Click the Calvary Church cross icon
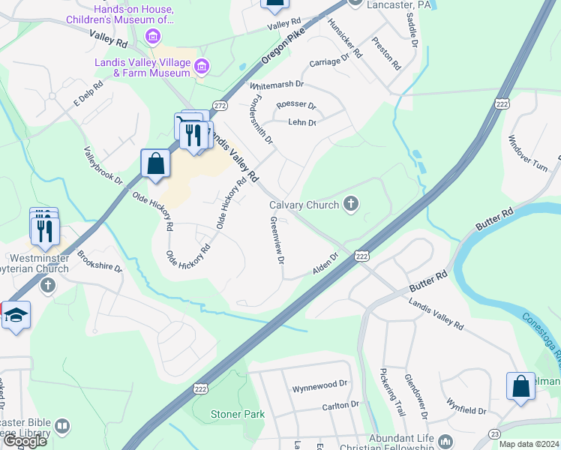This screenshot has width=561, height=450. [x=350, y=204]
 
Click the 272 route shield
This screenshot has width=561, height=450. [x=220, y=107]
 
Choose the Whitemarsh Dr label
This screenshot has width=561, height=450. [x=277, y=85]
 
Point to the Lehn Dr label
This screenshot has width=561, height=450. [x=302, y=122]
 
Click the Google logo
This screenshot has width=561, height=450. [x=25, y=441]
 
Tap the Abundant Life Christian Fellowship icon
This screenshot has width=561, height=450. [x=445, y=440]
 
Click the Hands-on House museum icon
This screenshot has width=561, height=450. [x=153, y=36]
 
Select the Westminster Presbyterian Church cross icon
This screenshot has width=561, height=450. [x=47, y=285]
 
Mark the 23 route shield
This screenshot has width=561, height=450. [x=495, y=433]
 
